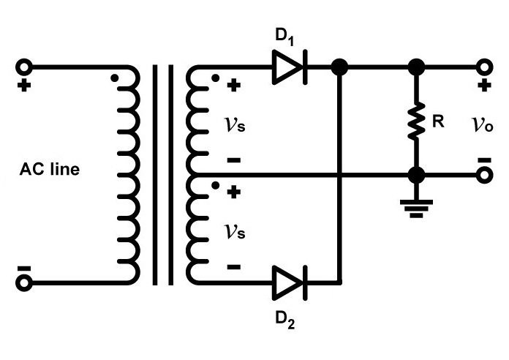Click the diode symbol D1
coord(290,67)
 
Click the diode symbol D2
coord(290,282)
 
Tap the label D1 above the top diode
coord(284,37)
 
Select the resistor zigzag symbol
coord(416,121)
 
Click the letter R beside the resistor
coord(438,121)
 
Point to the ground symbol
coord(416,209)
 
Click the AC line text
coord(49,169)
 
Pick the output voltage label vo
coord(483,124)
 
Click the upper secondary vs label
coord(234,124)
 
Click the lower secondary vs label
coord(234,232)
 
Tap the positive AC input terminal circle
coord(24,67)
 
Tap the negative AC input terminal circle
coord(24,282)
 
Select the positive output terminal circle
coord(484,67)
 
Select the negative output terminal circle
coord(484,175)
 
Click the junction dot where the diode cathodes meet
coord(339,67)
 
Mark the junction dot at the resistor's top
coord(416,67)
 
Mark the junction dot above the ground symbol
coord(416,175)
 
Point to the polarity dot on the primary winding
coord(114,78)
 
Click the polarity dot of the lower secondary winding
coord(215,186)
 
